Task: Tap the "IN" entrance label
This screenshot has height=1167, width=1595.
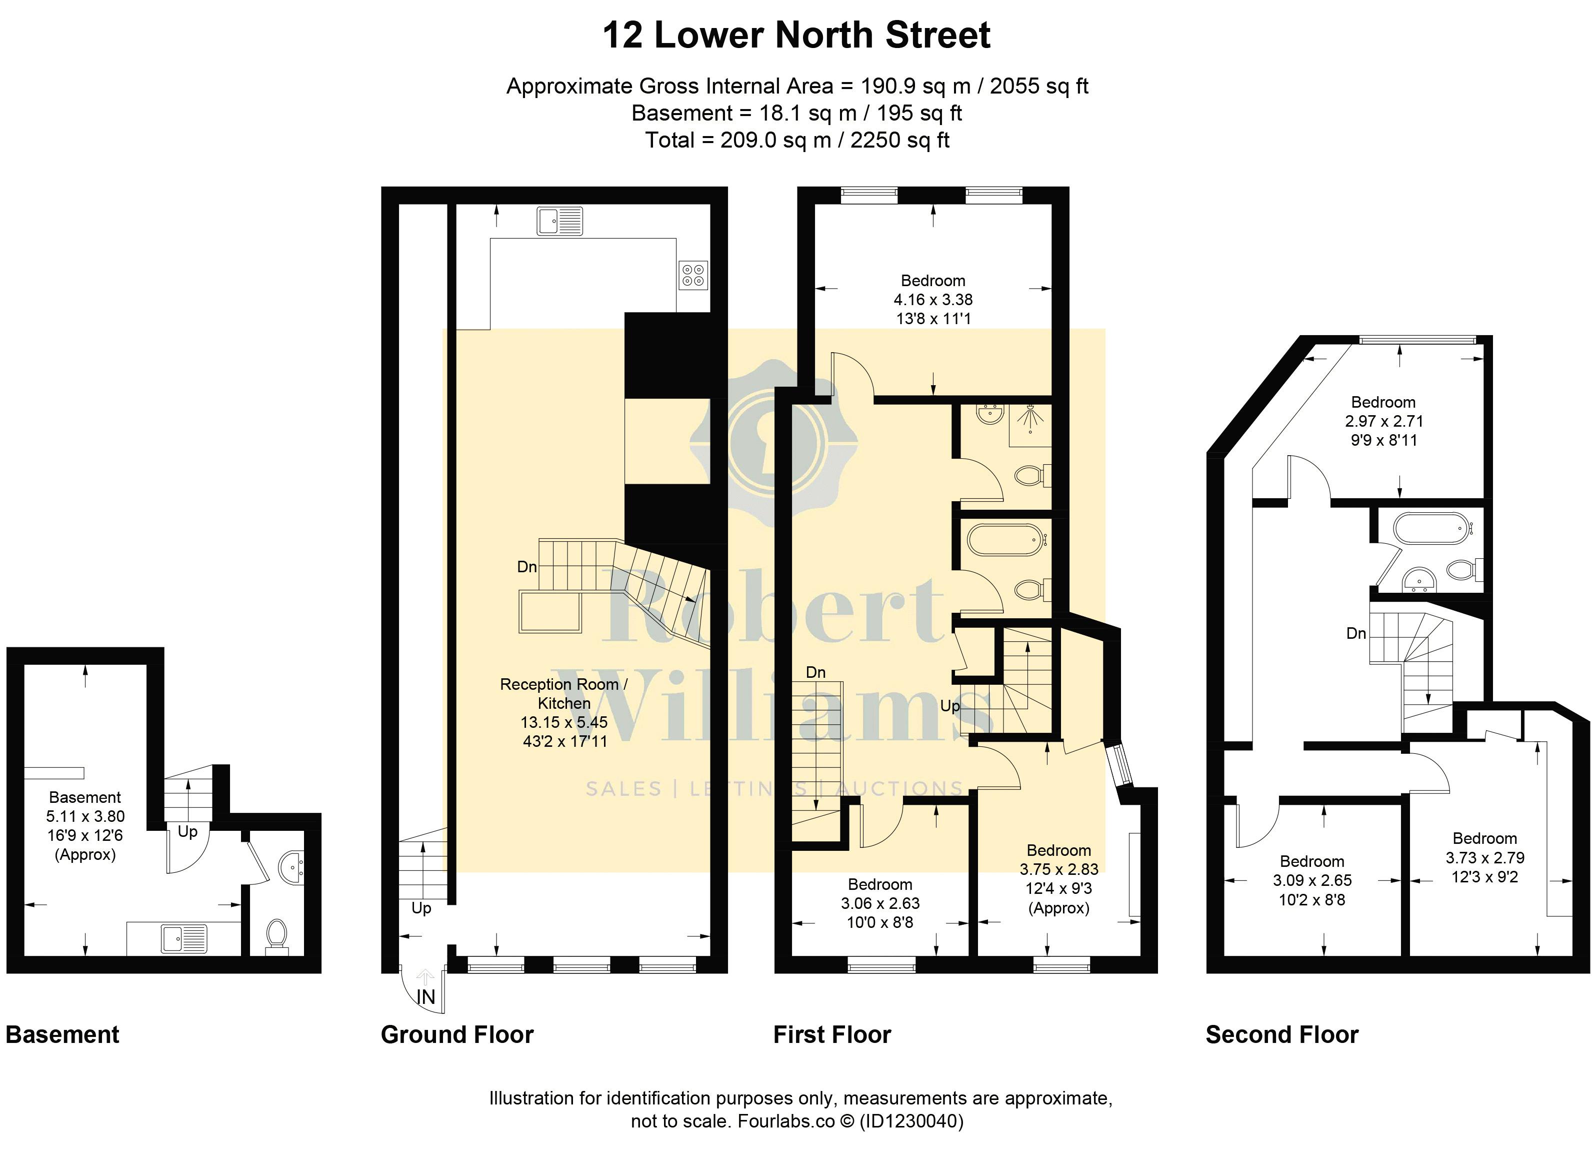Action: (x=426, y=997)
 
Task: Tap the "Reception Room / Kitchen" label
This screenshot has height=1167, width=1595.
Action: (x=564, y=694)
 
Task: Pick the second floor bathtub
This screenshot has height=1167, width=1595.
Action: (x=1432, y=528)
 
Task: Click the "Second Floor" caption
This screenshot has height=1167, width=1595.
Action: (x=1281, y=1035)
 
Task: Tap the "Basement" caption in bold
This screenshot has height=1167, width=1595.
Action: (x=62, y=1035)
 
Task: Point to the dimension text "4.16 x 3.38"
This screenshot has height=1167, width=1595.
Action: (x=932, y=300)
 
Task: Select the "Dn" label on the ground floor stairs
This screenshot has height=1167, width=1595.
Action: (x=526, y=567)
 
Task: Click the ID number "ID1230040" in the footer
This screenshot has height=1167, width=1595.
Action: (x=911, y=1121)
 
